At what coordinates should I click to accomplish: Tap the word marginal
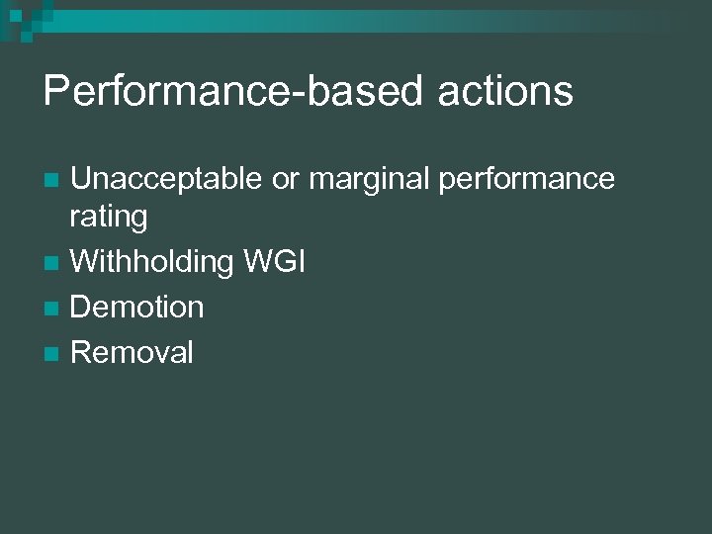[368, 179]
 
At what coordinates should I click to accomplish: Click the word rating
[109, 218]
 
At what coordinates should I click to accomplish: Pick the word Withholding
[151, 262]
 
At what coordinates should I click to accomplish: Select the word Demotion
[137, 308]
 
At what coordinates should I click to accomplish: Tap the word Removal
[133, 353]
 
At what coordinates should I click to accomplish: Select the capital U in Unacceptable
[82, 179]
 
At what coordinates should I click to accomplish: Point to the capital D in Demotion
[82, 308]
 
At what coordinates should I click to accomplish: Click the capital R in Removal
[82, 353]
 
